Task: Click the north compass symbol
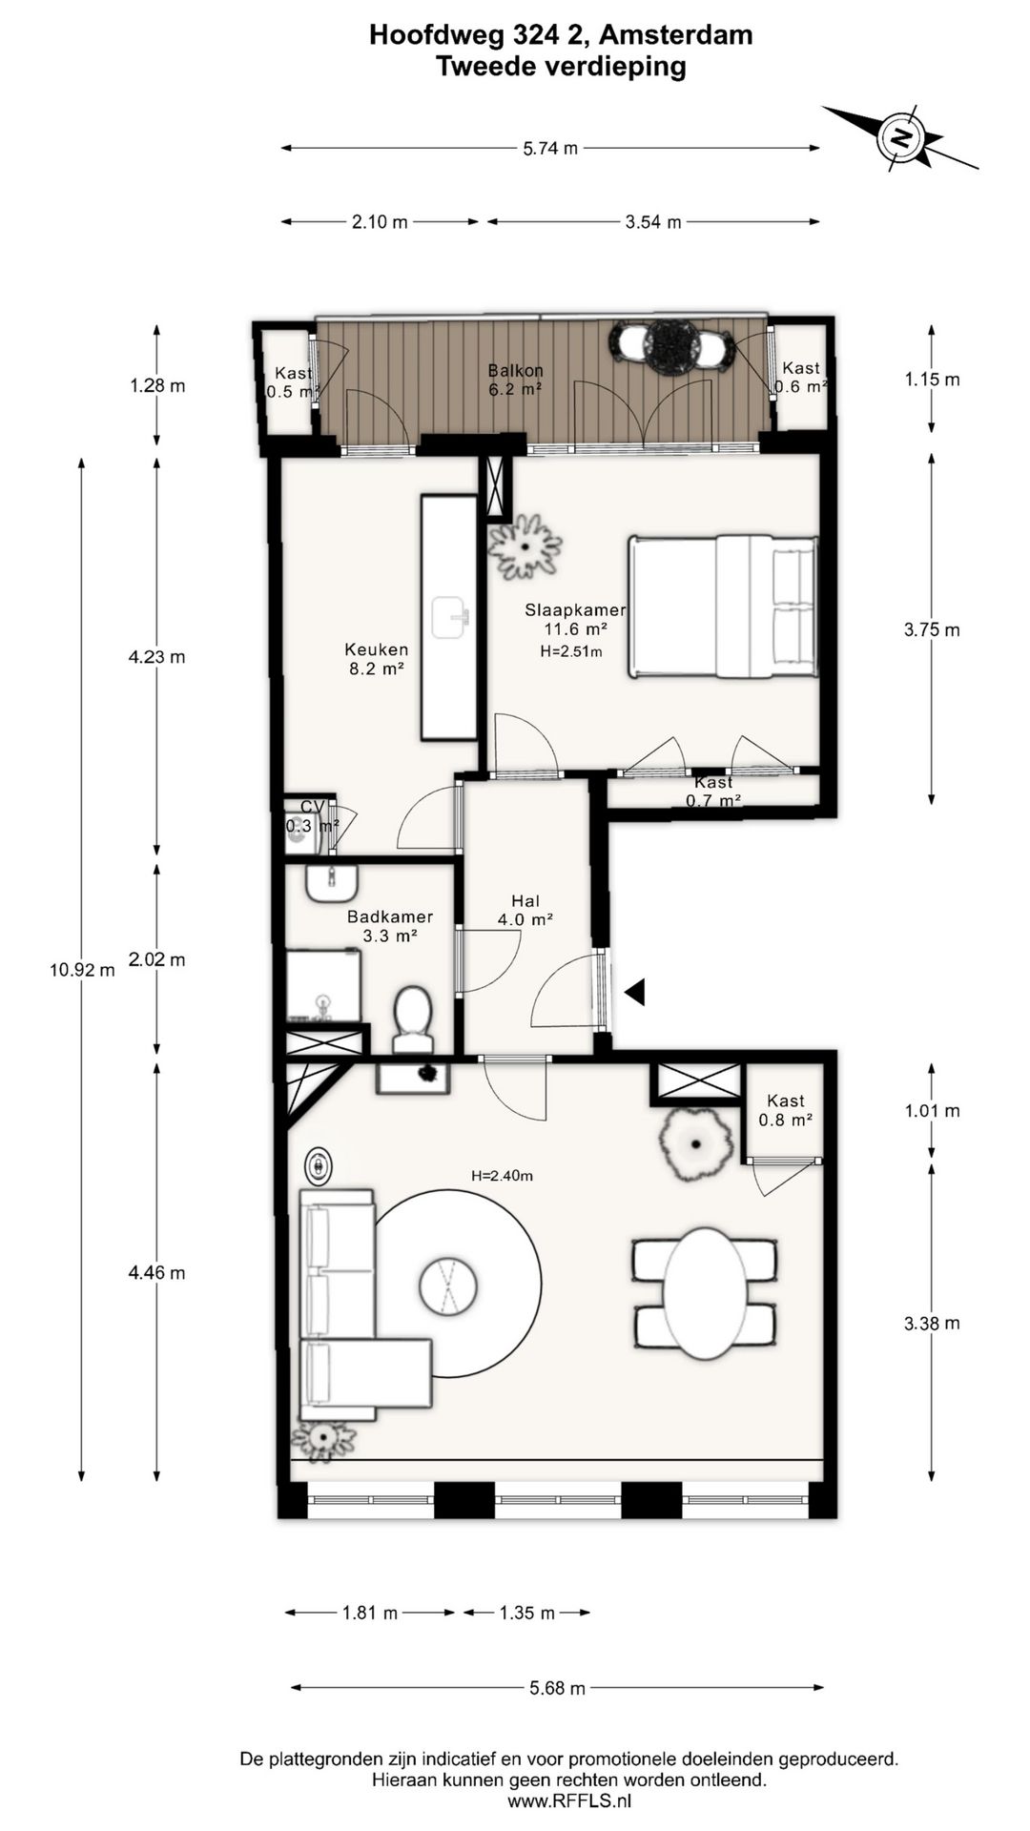(x=901, y=137)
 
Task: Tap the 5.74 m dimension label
(x=550, y=148)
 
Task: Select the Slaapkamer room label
(x=575, y=610)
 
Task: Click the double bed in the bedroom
(x=723, y=607)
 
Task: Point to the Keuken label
(x=377, y=649)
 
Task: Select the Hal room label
(x=525, y=901)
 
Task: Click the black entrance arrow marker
(x=635, y=992)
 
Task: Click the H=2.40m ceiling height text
(x=502, y=1176)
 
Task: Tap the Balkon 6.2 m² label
(x=516, y=379)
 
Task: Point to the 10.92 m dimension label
(x=82, y=970)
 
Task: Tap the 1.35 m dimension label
(x=527, y=1613)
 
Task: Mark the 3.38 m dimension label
(x=932, y=1323)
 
